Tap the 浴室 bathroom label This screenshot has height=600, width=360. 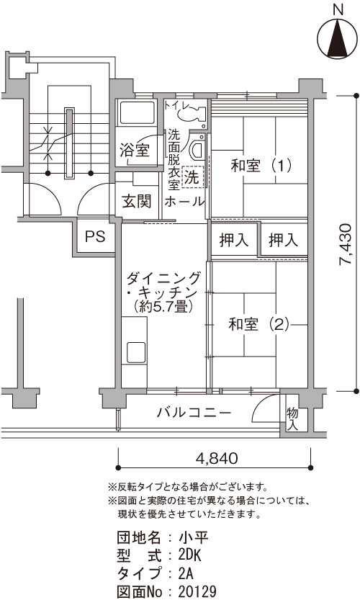pyautogui.click(x=135, y=151)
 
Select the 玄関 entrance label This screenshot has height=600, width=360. pyautogui.click(x=137, y=201)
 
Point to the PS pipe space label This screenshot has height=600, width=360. pyautogui.click(x=95, y=236)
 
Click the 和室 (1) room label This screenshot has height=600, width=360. pyautogui.click(x=261, y=166)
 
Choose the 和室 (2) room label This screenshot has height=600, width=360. pyautogui.click(x=259, y=324)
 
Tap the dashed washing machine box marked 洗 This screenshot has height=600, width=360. pyautogui.click(x=193, y=176)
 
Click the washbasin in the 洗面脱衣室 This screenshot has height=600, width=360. pyautogui.click(x=198, y=148)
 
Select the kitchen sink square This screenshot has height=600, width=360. pyautogui.click(x=136, y=352)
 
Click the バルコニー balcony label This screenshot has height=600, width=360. pyautogui.click(x=194, y=413)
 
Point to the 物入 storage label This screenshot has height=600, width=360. pyautogui.click(x=292, y=418)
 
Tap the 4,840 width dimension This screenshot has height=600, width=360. pyautogui.click(x=217, y=457)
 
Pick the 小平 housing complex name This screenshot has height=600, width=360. pyautogui.click(x=193, y=537)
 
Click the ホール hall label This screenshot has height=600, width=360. pyautogui.click(x=184, y=201)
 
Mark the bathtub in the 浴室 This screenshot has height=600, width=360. pyautogui.click(x=137, y=113)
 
